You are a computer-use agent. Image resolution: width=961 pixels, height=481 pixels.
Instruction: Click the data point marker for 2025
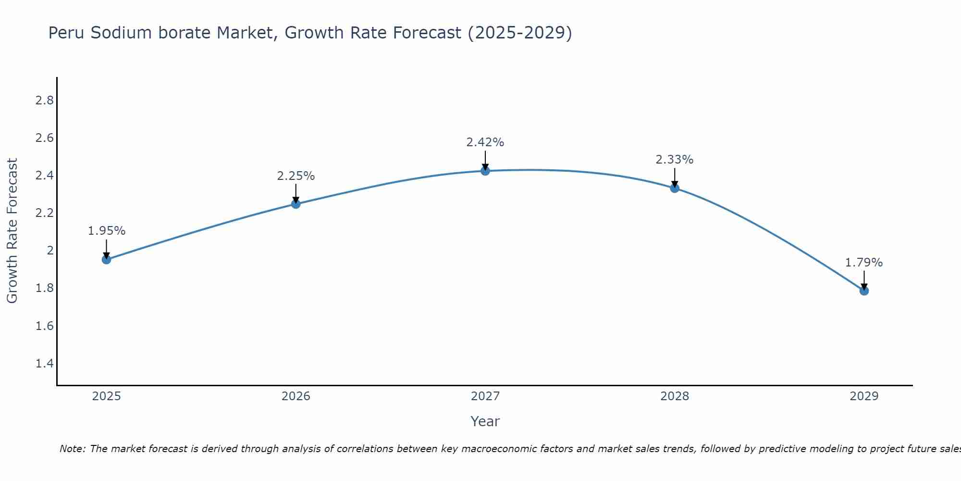106,260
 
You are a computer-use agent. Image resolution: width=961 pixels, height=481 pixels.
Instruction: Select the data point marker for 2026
296,204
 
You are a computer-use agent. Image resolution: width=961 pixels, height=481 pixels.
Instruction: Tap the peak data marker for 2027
485,171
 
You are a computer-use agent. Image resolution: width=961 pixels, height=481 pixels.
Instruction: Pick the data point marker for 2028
675,188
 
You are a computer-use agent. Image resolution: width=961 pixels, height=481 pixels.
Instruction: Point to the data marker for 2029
864,291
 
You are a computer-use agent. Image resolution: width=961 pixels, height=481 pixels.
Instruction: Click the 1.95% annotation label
106,231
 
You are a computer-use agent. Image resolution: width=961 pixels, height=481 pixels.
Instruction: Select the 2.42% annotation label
485,142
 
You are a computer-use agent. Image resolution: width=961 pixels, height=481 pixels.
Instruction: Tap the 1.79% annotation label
864,263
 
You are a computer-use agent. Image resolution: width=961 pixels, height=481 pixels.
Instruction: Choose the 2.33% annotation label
675,160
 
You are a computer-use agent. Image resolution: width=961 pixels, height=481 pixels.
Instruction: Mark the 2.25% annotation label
296,176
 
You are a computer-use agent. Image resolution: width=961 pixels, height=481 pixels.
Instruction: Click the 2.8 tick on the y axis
44,101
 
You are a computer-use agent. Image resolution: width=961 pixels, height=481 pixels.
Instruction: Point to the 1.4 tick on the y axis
44,363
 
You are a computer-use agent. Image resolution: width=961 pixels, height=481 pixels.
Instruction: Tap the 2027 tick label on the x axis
485,396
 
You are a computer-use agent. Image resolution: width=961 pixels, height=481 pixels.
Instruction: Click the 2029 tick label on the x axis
864,396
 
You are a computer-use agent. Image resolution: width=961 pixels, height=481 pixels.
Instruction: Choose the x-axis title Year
485,421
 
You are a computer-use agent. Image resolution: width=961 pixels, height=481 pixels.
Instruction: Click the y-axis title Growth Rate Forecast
12,231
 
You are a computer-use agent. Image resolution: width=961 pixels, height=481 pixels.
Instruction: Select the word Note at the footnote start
72,449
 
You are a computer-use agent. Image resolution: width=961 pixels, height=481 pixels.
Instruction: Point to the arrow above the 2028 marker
675,177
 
